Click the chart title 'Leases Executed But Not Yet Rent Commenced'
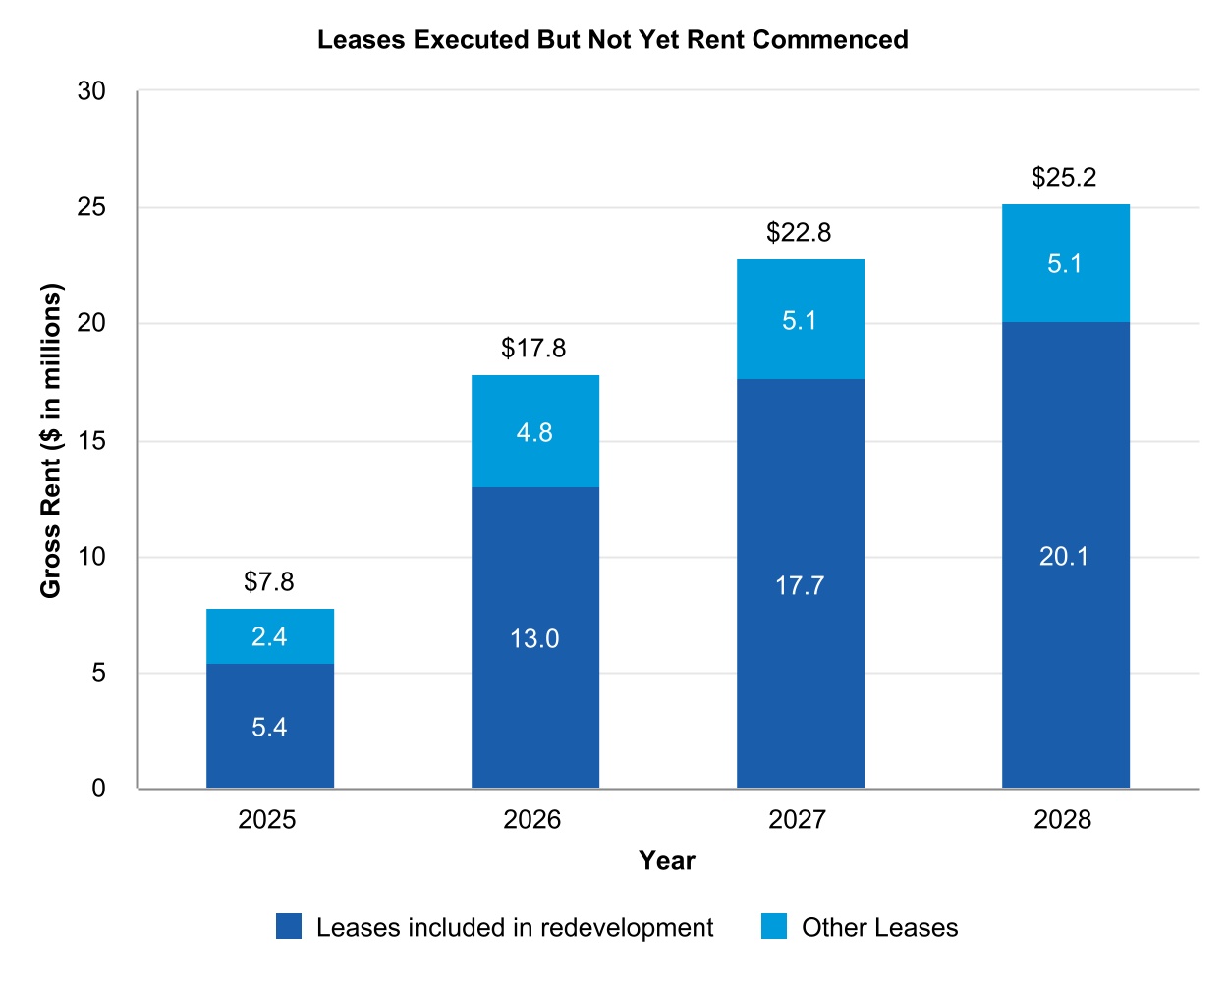[612, 40]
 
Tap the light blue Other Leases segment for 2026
[534, 431]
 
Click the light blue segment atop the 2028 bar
[1065, 263]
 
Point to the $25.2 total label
[1064, 178]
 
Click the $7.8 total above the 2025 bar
[268, 582]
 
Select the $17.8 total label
[533, 349]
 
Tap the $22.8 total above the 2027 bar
[799, 233]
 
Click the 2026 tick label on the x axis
[531, 820]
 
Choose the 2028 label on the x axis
[1062, 820]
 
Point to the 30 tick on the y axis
[91, 91]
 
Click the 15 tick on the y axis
[91, 441]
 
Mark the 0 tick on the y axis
[98, 789]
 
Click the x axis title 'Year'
[667, 861]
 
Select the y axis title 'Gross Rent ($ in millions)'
[50, 440]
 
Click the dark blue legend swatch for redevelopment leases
[289, 927]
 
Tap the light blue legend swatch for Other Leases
[774, 927]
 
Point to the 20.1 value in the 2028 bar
[1064, 557]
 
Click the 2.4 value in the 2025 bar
[269, 637]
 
